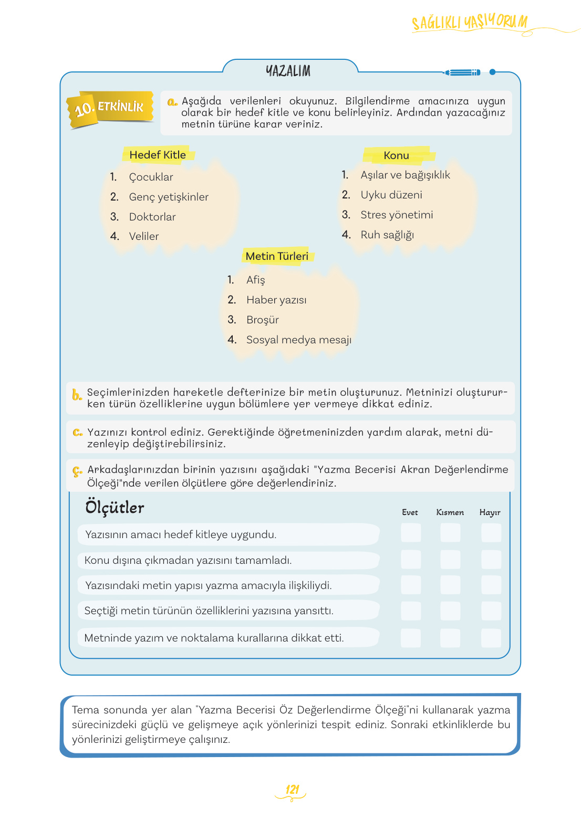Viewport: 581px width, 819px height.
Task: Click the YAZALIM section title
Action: click(x=288, y=71)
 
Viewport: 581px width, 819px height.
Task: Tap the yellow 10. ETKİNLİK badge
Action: click(x=110, y=108)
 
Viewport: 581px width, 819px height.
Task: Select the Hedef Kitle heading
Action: click(x=158, y=155)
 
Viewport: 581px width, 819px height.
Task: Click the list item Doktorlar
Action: click(x=152, y=217)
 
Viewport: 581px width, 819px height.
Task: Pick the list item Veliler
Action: click(x=144, y=236)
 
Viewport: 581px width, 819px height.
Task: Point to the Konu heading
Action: click(x=396, y=155)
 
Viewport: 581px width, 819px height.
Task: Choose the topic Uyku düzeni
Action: click(x=391, y=195)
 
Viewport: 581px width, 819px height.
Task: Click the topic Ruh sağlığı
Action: click(x=387, y=235)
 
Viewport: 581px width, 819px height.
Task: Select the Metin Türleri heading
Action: click(x=277, y=256)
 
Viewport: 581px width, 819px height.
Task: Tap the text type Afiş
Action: click(x=256, y=280)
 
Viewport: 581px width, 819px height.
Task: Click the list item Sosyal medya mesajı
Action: click(x=299, y=340)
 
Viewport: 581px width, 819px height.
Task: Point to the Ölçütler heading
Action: click(x=115, y=507)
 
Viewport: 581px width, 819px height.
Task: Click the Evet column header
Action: click(x=410, y=512)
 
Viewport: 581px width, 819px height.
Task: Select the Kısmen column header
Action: click(x=450, y=512)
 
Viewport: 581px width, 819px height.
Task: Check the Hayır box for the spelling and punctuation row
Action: click(x=491, y=638)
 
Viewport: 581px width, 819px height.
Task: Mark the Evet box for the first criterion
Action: click(x=410, y=533)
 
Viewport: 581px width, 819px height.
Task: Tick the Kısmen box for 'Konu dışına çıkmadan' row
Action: click(x=450, y=560)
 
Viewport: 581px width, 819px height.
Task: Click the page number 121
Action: click(x=292, y=789)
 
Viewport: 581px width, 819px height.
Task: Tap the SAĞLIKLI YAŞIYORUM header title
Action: click(x=469, y=23)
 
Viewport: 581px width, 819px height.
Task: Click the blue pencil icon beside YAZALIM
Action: click(x=463, y=72)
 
